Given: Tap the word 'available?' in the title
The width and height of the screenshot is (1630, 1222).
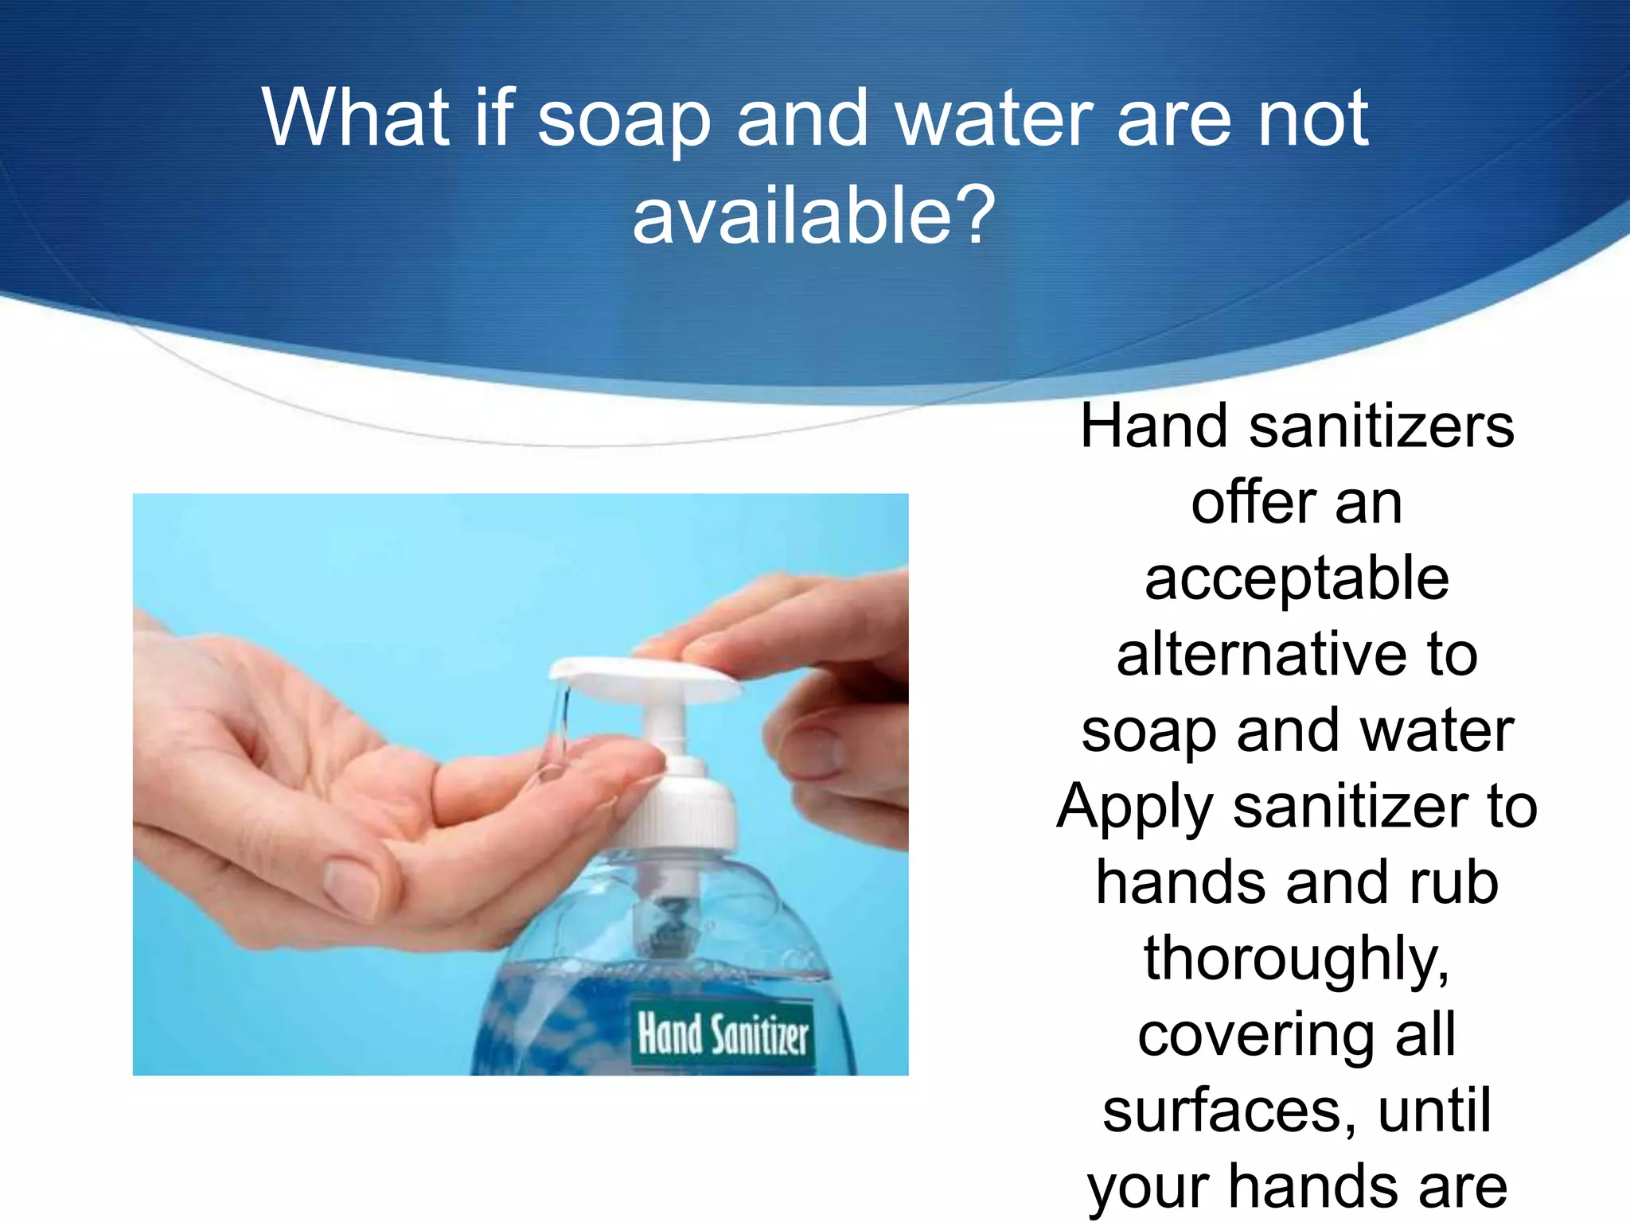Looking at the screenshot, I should pos(813,215).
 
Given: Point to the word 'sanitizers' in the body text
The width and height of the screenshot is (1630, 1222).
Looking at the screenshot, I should pos(1381,427).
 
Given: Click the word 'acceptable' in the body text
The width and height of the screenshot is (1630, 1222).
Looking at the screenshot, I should pos(1297,579).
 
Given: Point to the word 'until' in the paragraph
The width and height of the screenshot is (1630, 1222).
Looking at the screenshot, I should pos(1434,1111).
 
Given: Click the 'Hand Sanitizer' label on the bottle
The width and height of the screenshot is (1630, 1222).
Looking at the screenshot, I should pos(723,1034).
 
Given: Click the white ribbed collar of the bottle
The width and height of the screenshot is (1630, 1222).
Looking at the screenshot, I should pos(680,811).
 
